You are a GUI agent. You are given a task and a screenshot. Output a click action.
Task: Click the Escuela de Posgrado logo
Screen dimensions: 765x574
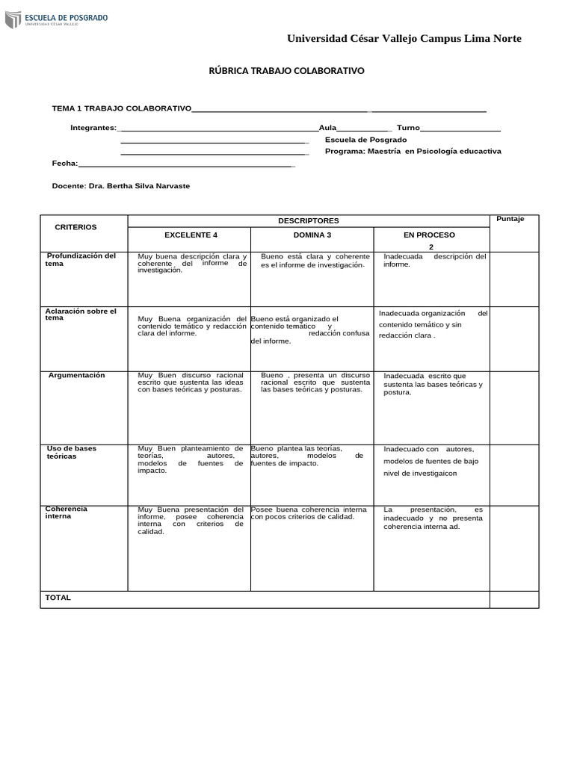pyautogui.click(x=56, y=19)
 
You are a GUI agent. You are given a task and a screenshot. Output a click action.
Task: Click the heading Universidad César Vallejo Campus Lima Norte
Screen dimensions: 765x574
pyautogui.click(x=404, y=39)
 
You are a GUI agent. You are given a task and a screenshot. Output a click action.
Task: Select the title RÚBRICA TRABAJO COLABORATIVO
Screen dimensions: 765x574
pyautogui.click(x=286, y=71)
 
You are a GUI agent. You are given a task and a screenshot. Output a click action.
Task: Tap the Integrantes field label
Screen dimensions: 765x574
pyautogui.click(x=93, y=128)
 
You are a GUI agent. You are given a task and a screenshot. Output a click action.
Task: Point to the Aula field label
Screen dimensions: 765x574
pyautogui.click(x=328, y=128)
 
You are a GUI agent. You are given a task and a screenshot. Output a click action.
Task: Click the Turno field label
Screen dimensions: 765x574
pyautogui.click(x=408, y=128)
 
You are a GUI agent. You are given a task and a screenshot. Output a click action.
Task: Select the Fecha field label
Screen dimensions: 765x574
pyautogui.click(x=64, y=163)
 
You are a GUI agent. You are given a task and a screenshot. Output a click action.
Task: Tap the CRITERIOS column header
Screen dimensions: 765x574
pyautogui.click(x=75, y=227)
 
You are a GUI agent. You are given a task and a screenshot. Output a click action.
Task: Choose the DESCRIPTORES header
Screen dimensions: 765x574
pyautogui.click(x=308, y=221)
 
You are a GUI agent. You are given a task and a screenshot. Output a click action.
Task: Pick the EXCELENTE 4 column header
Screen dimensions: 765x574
pyautogui.click(x=191, y=235)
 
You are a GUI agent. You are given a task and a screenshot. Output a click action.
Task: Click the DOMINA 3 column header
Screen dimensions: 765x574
pyautogui.click(x=312, y=235)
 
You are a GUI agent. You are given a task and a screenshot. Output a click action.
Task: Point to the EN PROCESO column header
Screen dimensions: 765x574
pyautogui.click(x=429, y=235)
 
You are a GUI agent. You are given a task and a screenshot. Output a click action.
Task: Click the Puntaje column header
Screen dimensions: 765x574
pyautogui.click(x=510, y=219)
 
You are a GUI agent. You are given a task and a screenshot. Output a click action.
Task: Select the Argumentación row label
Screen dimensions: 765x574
pyautogui.click(x=77, y=375)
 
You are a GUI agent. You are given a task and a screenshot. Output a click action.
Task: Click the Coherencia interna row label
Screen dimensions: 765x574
pyautogui.click(x=67, y=512)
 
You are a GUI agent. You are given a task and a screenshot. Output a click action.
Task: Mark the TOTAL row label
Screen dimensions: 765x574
pyautogui.click(x=58, y=598)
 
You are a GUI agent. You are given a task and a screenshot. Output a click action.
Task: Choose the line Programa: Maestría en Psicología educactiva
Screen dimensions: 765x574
pyautogui.click(x=413, y=151)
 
